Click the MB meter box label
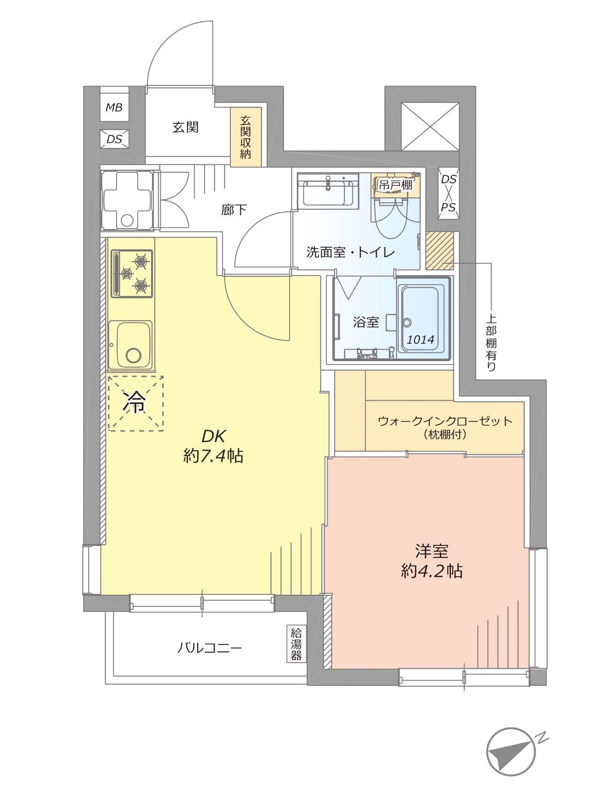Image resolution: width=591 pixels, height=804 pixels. point(114,108)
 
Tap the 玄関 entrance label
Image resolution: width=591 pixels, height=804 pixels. point(185,127)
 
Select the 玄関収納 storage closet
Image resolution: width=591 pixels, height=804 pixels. point(246,137)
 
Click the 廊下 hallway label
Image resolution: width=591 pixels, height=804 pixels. point(234,210)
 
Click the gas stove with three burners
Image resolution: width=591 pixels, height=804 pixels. point(131,274)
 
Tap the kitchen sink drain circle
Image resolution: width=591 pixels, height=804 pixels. point(133,355)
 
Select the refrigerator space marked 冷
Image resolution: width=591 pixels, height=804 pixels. point(136,403)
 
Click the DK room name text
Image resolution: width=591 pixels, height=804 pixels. point(214,436)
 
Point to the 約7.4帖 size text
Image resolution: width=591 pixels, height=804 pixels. point(213,456)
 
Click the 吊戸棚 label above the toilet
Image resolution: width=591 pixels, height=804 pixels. point(396,185)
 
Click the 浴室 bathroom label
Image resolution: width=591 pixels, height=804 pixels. point(366,322)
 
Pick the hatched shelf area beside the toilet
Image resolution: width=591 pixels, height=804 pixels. point(440,251)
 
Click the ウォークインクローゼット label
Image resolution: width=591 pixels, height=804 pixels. point(445,421)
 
